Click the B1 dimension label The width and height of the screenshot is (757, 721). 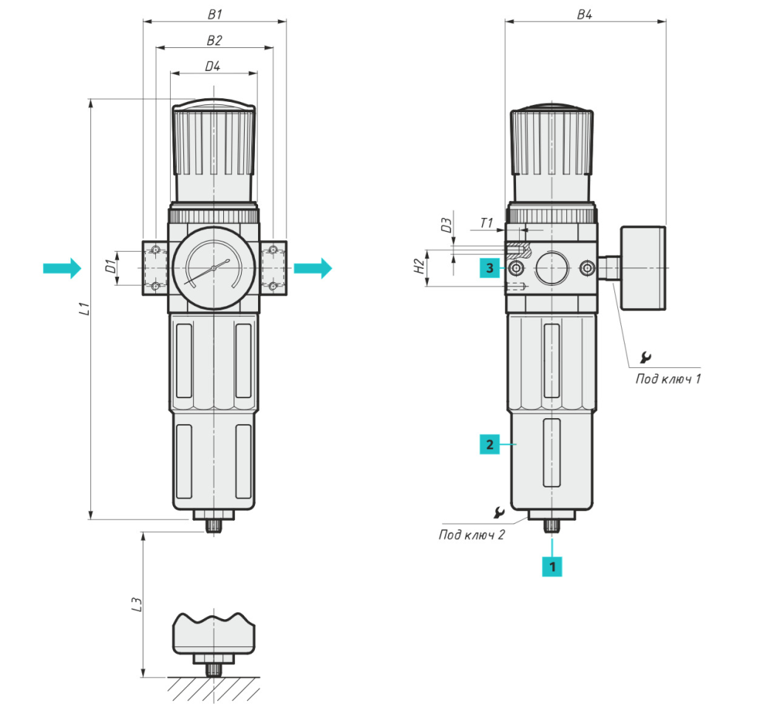214,13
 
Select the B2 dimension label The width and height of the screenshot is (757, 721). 214,39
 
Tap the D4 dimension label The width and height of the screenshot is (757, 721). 213,66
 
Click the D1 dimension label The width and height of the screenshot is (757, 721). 110,267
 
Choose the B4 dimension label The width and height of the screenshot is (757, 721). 584,13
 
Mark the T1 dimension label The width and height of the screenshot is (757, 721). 486,222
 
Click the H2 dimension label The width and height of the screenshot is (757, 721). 419,267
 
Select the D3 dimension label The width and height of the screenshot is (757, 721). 447,225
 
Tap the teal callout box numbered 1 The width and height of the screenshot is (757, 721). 551,566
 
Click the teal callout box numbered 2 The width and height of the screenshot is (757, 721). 489,445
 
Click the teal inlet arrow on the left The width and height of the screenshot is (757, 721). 61,267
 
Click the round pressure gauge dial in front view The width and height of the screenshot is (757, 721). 214,267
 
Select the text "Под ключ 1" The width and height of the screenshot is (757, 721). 668,379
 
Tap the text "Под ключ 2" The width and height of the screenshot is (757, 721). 472,535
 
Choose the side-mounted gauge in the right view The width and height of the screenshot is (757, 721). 643,267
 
